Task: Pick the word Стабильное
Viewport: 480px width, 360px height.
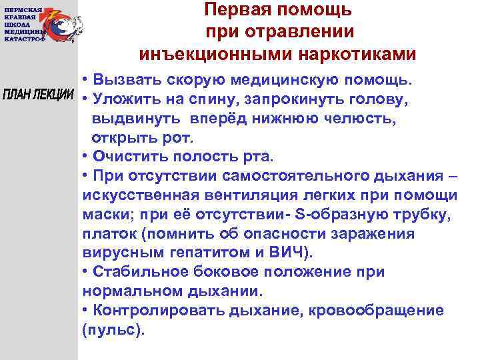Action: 137,273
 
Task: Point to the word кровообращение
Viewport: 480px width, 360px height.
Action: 383,311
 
